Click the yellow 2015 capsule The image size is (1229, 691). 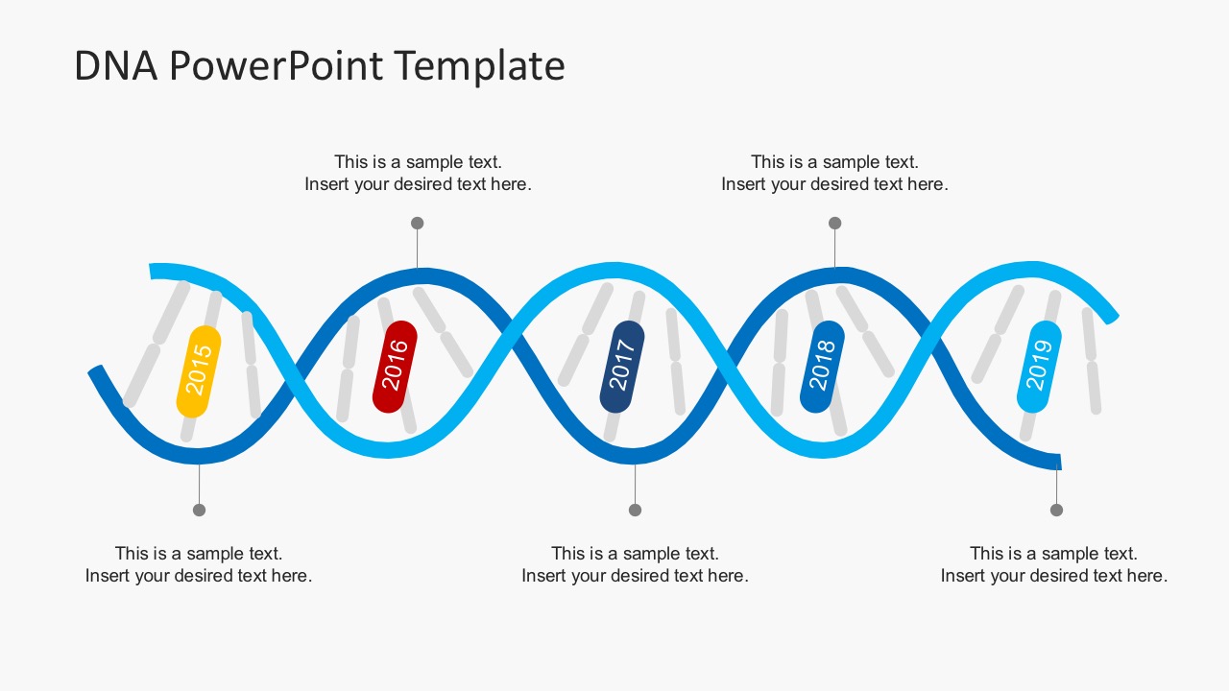199,371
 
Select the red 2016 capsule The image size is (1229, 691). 395,367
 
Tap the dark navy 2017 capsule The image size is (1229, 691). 622,367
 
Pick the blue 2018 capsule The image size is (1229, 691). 822,367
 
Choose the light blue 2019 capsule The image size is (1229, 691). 1039,367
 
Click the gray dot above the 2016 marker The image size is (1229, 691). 417,223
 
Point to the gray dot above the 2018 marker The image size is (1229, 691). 834,223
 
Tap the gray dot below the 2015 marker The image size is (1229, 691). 199,510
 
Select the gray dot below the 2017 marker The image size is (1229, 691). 635,510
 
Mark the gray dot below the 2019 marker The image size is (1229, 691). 1056,510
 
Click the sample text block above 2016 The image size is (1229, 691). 418,173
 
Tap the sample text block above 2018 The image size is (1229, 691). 834,173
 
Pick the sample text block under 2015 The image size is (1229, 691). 199,564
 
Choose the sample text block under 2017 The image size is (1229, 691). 635,564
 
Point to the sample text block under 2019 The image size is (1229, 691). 1053,564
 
